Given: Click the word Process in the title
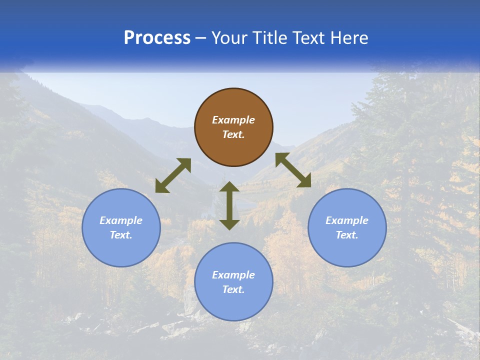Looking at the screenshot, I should click(157, 38).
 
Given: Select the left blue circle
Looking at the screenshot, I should click(121, 250).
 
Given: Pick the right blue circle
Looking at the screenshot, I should click(347, 250).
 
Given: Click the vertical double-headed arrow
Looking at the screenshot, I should click(229, 206).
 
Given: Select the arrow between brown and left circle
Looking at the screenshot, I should click(173, 175).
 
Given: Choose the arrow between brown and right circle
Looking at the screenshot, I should click(293, 170).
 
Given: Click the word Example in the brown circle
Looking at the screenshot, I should click(233, 120).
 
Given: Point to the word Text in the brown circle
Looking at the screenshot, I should click(233, 134).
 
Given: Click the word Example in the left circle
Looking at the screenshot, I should click(121, 220).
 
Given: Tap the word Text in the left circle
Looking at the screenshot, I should click(121, 235).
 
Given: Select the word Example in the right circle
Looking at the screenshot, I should click(347, 220).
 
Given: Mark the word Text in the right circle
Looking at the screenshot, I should click(347, 235).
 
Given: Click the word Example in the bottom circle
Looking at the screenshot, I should click(233, 275).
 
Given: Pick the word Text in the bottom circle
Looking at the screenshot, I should click(233, 289).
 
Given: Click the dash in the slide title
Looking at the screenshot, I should click(201, 38).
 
